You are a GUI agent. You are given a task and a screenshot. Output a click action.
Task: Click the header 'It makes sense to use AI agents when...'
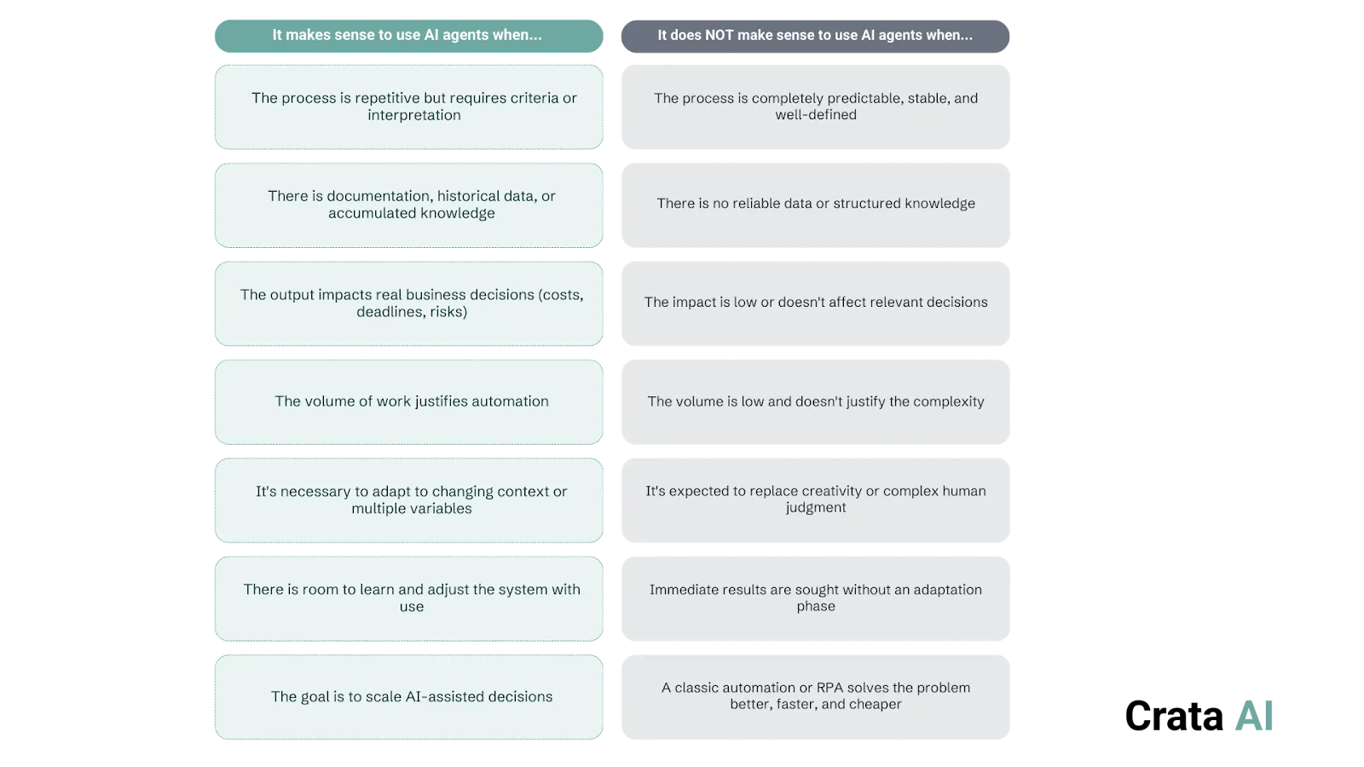407,35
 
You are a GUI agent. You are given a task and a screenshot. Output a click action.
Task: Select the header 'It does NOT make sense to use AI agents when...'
815,35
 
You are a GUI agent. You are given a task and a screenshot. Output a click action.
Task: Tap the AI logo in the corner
1254,716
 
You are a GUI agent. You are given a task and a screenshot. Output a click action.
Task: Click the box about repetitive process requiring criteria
409,107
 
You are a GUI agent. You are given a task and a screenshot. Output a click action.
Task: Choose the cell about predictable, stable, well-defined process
816,107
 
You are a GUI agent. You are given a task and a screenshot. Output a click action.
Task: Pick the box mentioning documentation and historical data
409,205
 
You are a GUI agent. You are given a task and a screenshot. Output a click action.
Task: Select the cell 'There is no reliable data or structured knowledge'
816,204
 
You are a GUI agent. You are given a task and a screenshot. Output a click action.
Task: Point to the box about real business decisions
409,303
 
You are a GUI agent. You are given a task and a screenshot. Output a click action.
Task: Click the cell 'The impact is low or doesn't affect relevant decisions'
816,303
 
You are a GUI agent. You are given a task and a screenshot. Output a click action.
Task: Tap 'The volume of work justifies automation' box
409,401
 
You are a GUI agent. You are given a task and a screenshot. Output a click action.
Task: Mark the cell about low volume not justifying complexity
816,401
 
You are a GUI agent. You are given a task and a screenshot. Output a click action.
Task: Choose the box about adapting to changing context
409,500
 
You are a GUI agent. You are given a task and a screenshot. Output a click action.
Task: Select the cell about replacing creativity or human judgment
816,499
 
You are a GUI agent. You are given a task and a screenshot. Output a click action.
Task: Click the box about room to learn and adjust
409,598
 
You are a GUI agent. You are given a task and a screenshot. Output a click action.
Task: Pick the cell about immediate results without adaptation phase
816,598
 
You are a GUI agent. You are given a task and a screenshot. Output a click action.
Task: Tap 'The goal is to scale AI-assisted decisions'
409,697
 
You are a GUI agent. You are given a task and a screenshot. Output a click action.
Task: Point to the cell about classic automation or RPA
816,696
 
